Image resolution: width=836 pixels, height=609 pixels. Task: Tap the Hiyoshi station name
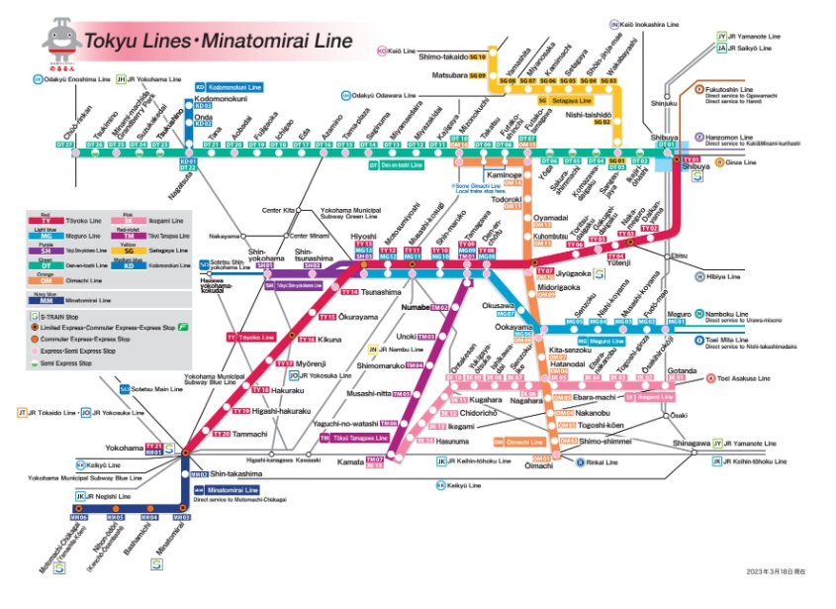coord(363,237)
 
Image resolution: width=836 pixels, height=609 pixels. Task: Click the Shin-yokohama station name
coord(240,254)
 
